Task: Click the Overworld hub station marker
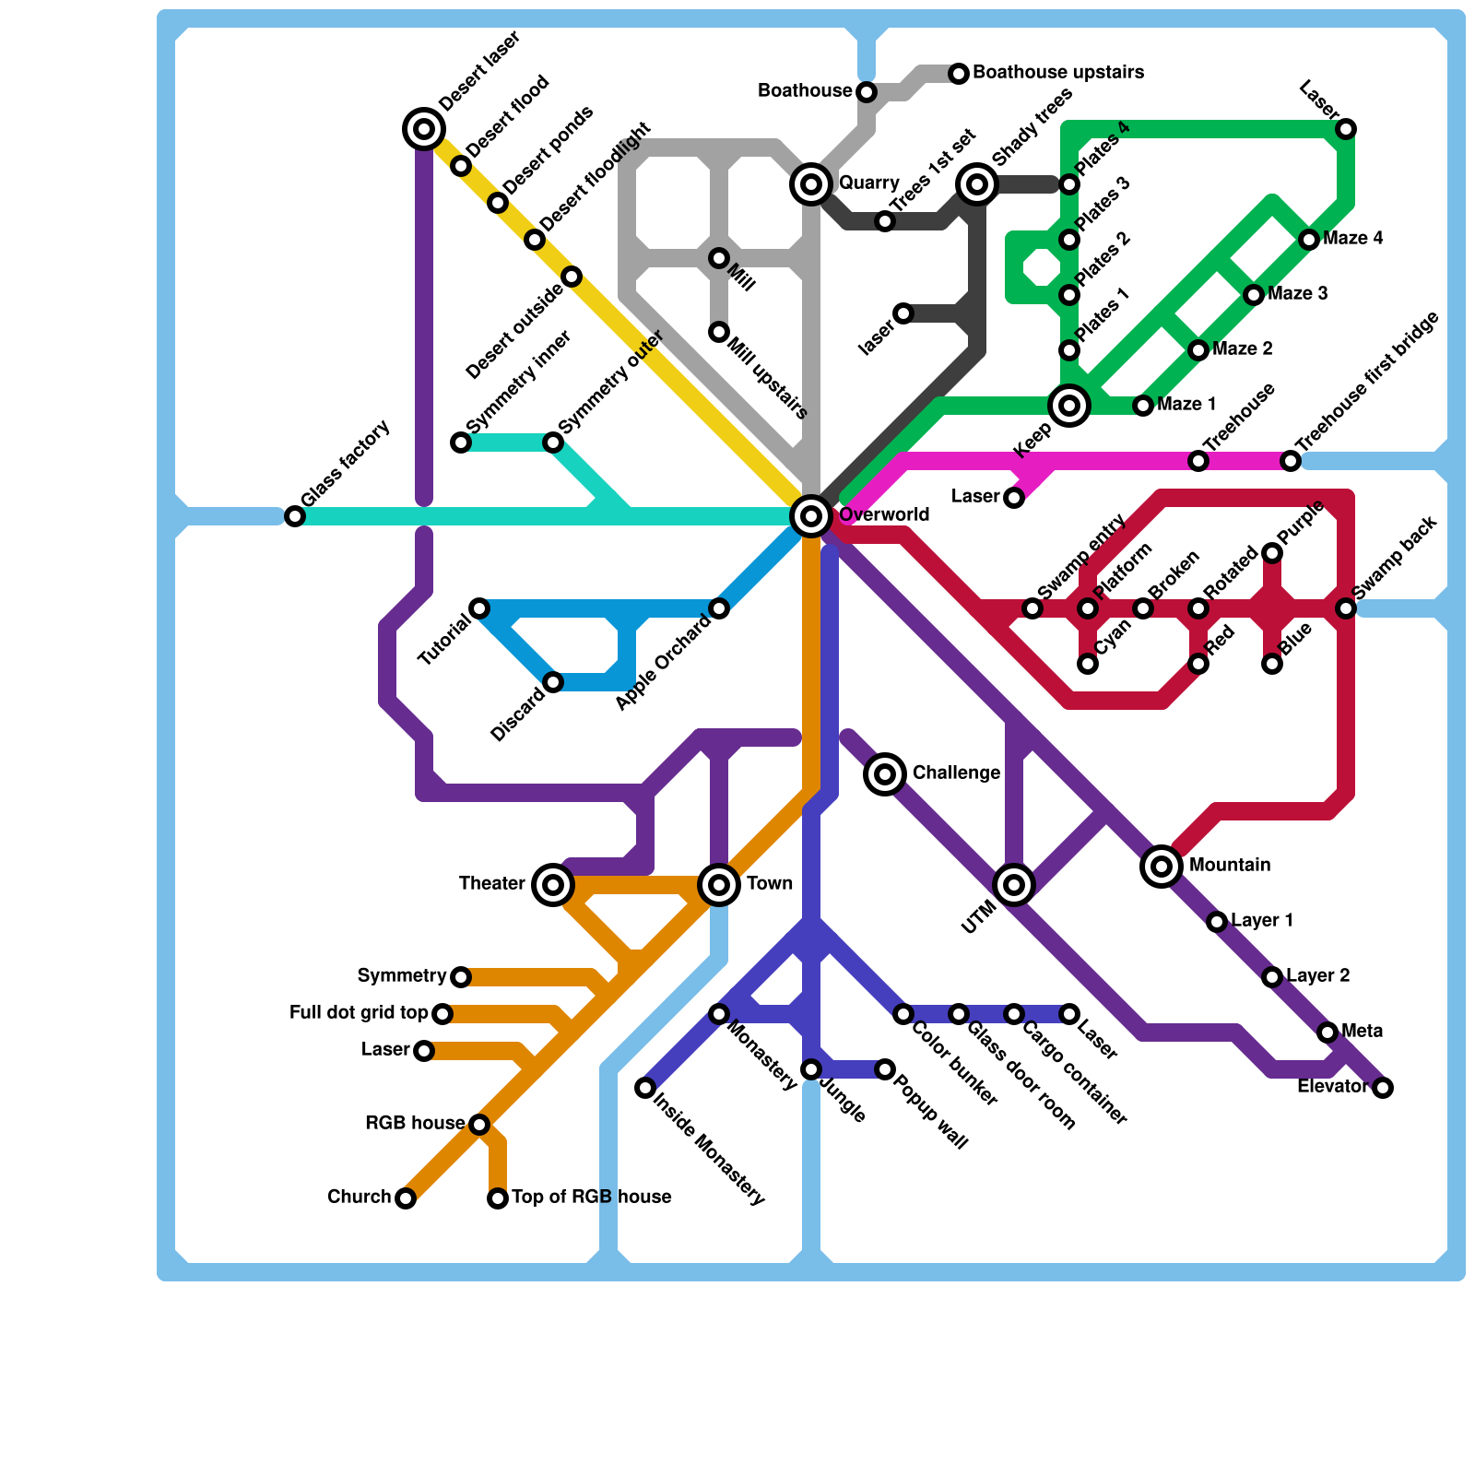[x=811, y=516]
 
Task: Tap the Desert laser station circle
[x=424, y=129]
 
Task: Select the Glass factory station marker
[x=295, y=516]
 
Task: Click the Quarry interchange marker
[x=811, y=184]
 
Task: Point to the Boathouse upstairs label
[x=1057, y=72]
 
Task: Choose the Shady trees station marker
[x=977, y=184]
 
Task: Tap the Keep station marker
[x=1069, y=406]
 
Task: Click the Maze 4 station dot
[x=1309, y=240]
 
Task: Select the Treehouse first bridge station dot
[x=1291, y=461]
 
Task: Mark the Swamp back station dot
[x=1346, y=608]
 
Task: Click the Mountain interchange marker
[x=1162, y=867]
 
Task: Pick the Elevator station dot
[x=1383, y=1088]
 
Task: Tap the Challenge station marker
[x=885, y=774]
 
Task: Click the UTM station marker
[x=1014, y=885]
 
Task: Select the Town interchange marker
[x=719, y=885]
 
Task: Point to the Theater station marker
[x=553, y=885]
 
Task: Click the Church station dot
[x=406, y=1198]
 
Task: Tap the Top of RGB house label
[x=591, y=1197]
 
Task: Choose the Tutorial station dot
[x=479, y=608]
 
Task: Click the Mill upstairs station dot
[x=719, y=332]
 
